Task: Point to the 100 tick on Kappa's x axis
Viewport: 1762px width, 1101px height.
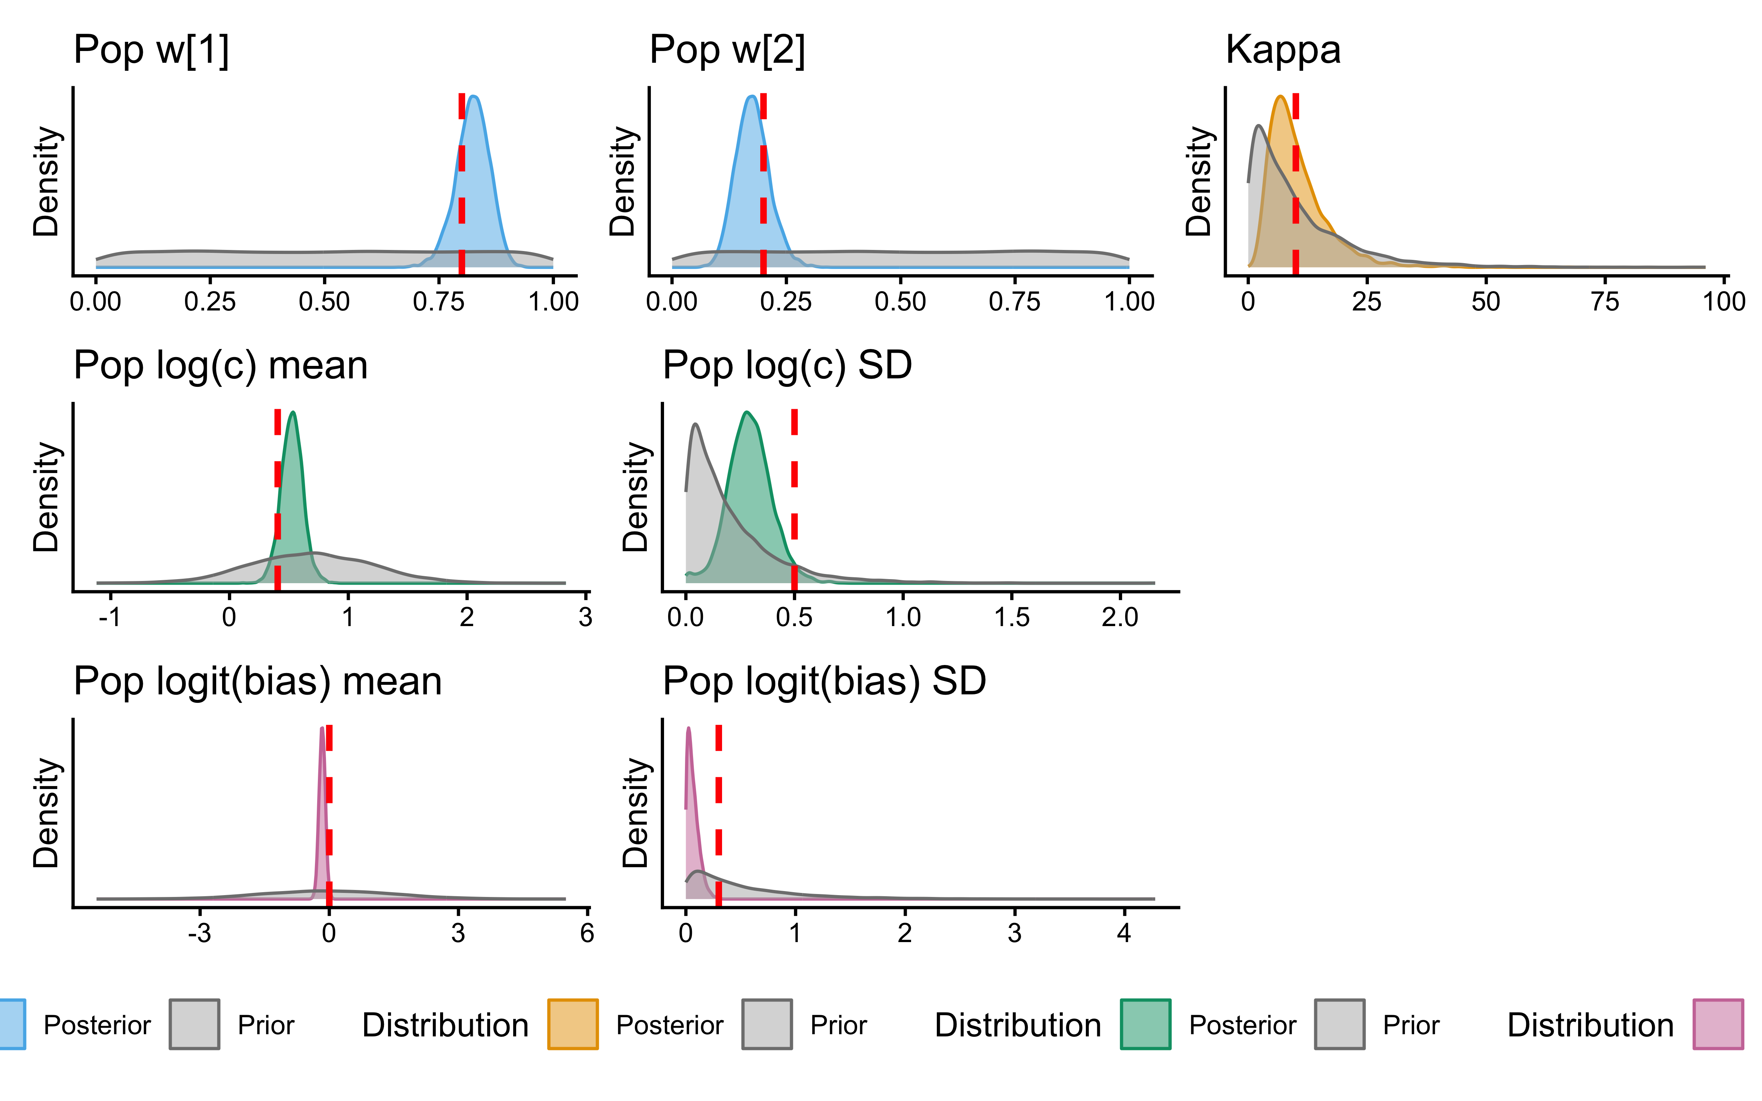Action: click(1723, 301)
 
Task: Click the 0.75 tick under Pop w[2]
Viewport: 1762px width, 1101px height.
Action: click(1014, 301)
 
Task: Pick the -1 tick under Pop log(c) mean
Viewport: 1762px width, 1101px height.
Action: click(110, 618)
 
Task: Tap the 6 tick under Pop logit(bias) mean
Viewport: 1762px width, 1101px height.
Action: click(587, 933)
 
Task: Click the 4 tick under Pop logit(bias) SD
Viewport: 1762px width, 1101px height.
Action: click(1124, 933)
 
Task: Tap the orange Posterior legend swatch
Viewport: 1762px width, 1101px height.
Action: click(573, 1025)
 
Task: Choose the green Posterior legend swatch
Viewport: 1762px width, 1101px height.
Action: click(1145, 1025)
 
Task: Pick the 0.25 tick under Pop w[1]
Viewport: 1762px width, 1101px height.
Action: click(210, 301)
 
